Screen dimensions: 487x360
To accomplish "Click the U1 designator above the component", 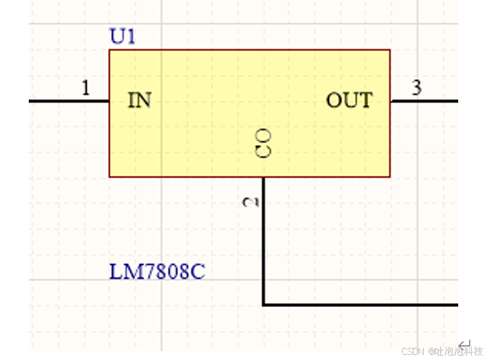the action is pyautogui.click(x=123, y=37).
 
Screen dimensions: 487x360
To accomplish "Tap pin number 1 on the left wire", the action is pyautogui.click(x=86, y=88).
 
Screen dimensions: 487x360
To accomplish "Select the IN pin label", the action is pyautogui.click(x=140, y=100).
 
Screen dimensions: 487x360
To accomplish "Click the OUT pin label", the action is pyautogui.click(x=349, y=100).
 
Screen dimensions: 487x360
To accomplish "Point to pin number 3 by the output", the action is pyautogui.click(x=417, y=88).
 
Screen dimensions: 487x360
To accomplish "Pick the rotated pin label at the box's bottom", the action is pyautogui.click(x=264, y=143).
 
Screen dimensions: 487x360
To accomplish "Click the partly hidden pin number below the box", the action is pyautogui.click(x=250, y=202).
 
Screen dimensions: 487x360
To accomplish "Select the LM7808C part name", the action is pyautogui.click(x=157, y=272).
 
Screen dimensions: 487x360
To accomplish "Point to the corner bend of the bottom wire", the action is pyautogui.click(x=264, y=305).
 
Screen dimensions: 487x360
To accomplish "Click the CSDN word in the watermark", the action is pyautogui.click(x=413, y=351).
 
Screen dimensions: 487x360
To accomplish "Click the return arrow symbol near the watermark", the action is pyautogui.click(x=465, y=345).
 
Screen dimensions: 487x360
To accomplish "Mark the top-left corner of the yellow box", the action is pyautogui.click(x=110, y=50).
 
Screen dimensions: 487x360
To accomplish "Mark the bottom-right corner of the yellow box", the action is pyautogui.click(x=390, y=176).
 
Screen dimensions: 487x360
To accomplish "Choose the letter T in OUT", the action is pyautogui.click(x=366, y=100).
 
